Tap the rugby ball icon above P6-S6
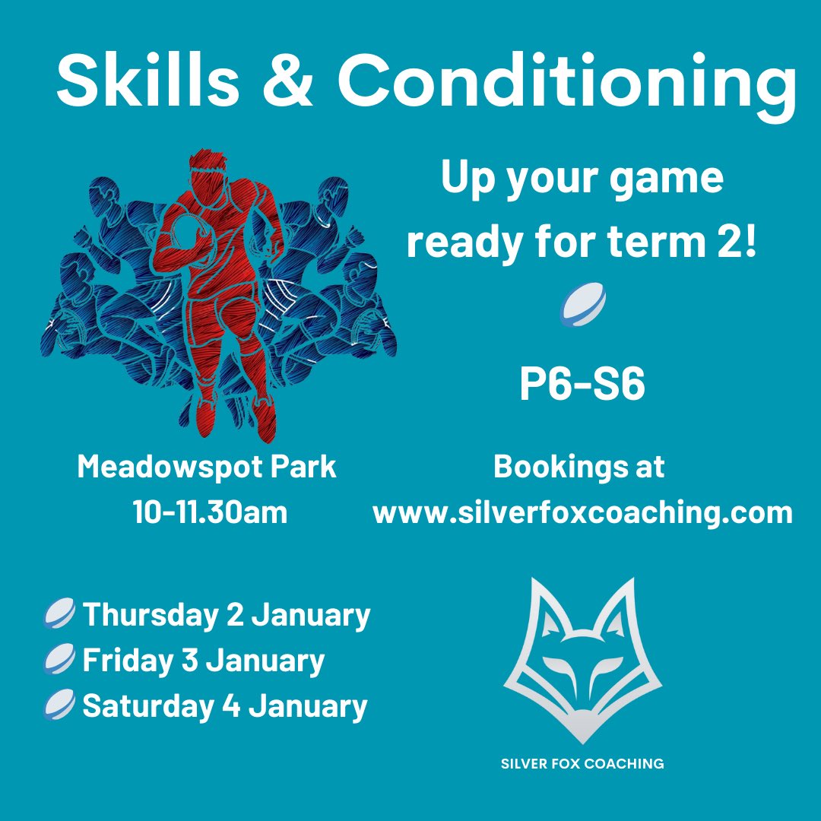(582, 306)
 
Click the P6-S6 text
(582, 385)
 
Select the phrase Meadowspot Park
(207, 467)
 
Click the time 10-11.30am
(210, 512)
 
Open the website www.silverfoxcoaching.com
(582, 512)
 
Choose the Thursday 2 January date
(226, 614)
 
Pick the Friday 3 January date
(203, 660)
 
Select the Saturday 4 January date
(224, 705)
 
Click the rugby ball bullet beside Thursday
(61, 614)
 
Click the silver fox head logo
(582, 658)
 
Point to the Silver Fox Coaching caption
(582, 763)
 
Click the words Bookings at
(579, 467)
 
